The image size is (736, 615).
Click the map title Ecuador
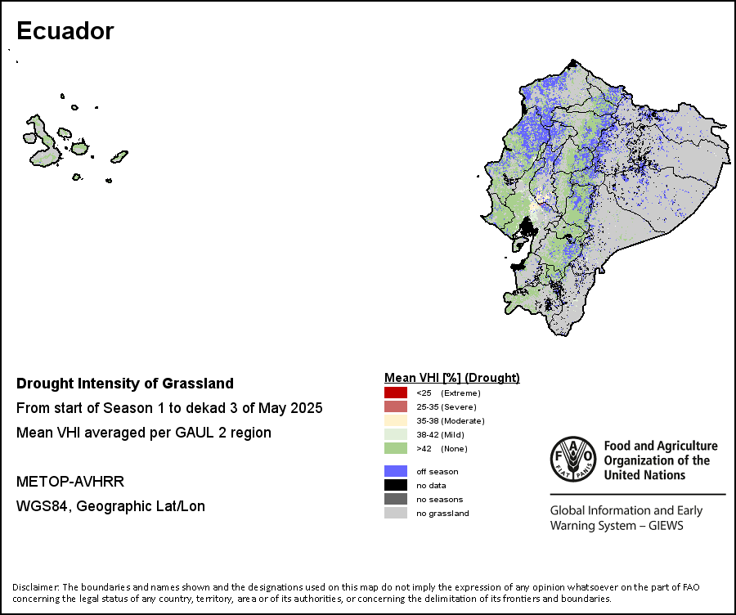(x=65, y=31)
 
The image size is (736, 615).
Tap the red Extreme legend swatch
(x=396, y=393)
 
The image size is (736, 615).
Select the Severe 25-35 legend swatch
(x=396, y=406)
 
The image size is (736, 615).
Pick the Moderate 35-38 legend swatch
(x=396, y=420)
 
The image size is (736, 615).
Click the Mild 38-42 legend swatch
(x=396, y=434)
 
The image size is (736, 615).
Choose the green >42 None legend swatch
(x=396, y=448)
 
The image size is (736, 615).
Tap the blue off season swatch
(x=396, y=471)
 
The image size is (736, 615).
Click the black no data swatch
(x=396, y=485)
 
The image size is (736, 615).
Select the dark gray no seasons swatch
(x=396, y=499)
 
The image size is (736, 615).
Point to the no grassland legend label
(x=442, y=513)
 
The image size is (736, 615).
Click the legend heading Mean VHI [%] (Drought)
(x=452, y=378)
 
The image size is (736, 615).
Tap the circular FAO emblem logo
(x=573, y=459)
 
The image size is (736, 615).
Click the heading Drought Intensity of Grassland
(x=125, y=384)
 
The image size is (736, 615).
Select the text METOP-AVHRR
(x=70, y=482)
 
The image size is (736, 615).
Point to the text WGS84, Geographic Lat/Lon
(x=110, y=506)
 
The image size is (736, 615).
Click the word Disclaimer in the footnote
(x=36, y=587)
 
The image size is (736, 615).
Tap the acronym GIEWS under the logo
(x=666, y=525)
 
